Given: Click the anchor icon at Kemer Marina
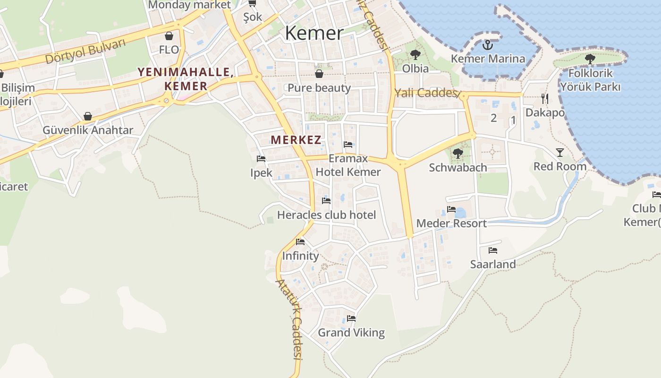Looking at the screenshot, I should pyautogui.click(x=488, y=45).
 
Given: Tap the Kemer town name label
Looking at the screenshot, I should pyautogui.click(x=314, y=33).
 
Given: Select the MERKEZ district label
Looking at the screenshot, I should pyautogui.click(x=296, y=140).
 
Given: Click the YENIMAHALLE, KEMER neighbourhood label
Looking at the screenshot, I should pyautogui.click(x=186, y=79).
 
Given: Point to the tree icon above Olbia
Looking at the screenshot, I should pyautogui.click(x=415, y=55).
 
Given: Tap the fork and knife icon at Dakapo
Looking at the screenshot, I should pyautogui.click(x=545, y=98).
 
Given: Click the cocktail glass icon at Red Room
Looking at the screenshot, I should pyautogui.click(x=560, y=152).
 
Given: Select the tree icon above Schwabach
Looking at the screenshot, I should pyautogui.click(x=458, y=153).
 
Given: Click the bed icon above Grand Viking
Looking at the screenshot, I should pyautogui.click(x=351, y=318).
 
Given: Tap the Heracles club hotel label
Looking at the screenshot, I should pyautogui.click(x=326, y=215).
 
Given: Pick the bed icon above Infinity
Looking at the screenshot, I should pyautogui.click(x=300, y=242).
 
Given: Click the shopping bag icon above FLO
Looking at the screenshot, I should pyautogui.click(x=169, y=35).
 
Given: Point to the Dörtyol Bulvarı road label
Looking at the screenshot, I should pyautogui.click(x=86, y=52).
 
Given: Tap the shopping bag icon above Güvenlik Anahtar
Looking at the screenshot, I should pyautogui.click(x=88, y=116).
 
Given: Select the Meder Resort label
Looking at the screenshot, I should pyautogui.click(x=451, y=223).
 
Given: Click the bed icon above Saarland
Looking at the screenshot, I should pyautogui.click(x=493, y=250).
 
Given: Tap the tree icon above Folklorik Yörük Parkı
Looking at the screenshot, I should pyautogui.click(x=590, y=59).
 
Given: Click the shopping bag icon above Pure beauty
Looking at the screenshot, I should pyautogui.click(x=319, y=74).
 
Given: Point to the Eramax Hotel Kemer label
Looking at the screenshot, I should pyautogui.click(x=348, y=165).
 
